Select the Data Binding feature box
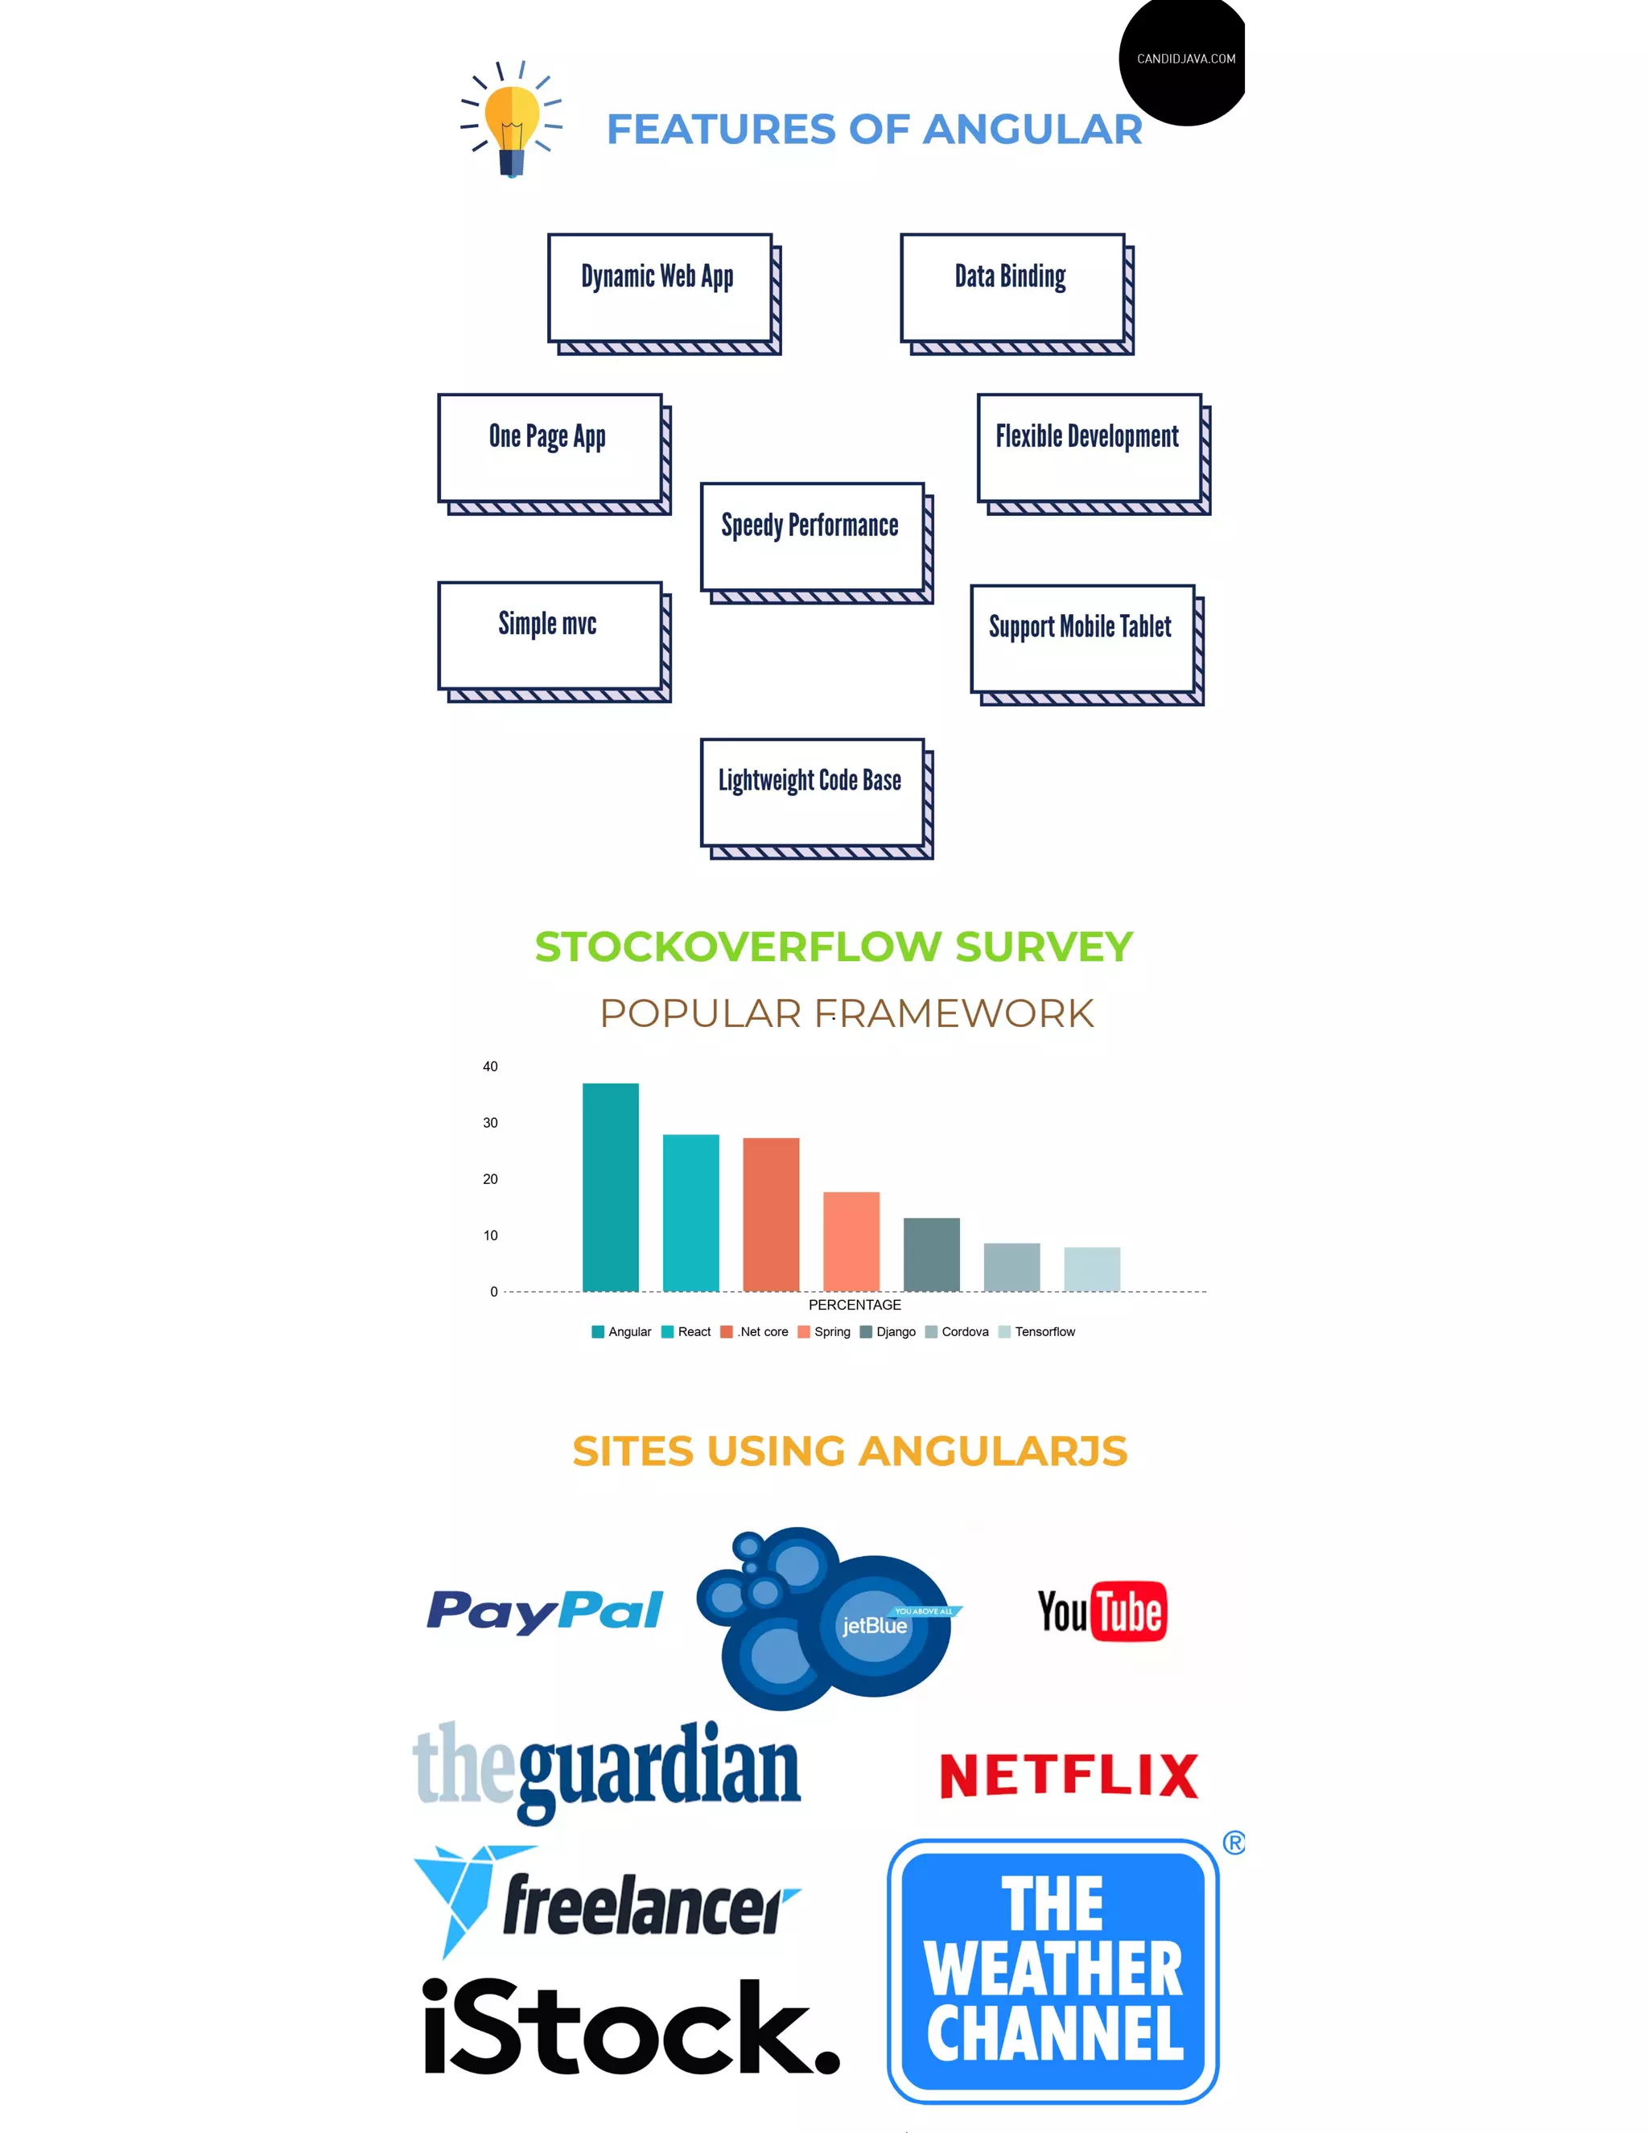[1012, 288]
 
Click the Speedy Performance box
[811, 537]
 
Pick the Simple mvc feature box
[550, 636]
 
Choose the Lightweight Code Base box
[811, 792]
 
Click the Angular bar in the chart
[610, 1186]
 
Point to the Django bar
[930, 1254]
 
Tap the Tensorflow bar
[1091, 1269]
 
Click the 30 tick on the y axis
[490, 1123]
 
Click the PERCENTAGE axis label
[855, 1305]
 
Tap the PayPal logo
[545, 1611]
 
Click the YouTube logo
[1102, 1611]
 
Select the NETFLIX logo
[1068, 1776]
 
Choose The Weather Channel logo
[1053, 1971]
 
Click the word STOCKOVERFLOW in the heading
[738, 947]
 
